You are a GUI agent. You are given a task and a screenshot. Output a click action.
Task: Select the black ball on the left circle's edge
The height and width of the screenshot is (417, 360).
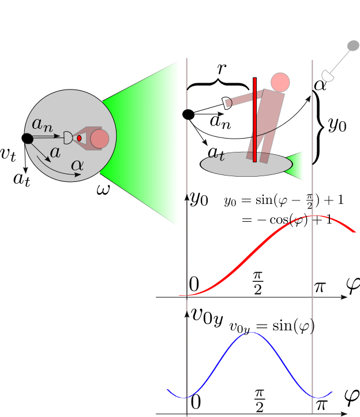pyautogui.click(x=27, y=138)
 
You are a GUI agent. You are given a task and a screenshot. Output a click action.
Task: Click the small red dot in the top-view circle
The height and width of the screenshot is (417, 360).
pyautogui.click(x=79, y=138)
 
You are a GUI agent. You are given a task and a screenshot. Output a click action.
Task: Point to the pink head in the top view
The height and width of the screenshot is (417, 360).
pyautogui.click(x=99, y=139)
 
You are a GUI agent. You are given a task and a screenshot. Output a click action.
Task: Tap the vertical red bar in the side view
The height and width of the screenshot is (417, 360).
pyautogui.click(x=254, y=120)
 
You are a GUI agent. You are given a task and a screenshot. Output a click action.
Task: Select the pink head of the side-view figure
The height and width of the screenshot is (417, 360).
pyautogui.click(x=279, y=82)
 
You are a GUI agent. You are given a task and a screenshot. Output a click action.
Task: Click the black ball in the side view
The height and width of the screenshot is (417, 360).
pyautogui.click(x=188, y=114)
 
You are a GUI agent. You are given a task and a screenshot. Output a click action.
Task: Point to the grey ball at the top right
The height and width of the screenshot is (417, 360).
pyautogui.click(x=352, y=46)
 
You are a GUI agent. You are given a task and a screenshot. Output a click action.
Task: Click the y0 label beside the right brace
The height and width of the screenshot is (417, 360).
pyautogui.click(x=337, y=126)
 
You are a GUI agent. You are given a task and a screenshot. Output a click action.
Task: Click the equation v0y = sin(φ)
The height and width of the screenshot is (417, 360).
pyautogui.click(x=272, y=327)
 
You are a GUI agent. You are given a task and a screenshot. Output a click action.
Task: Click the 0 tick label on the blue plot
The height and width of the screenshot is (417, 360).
pyautogui.click(x=195, y=402)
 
